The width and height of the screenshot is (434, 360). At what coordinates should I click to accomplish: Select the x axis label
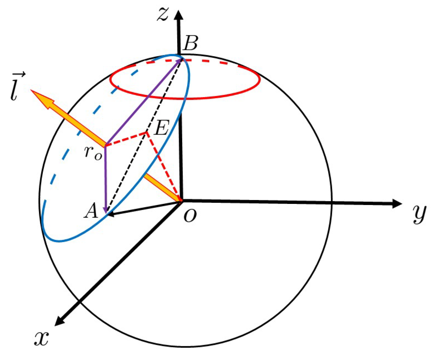click(41, 338)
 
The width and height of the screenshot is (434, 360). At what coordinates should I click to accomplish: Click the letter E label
click(162, 128)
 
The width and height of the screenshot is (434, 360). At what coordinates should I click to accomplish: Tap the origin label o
click(190, 216)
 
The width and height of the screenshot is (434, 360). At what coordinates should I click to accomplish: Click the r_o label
click(93, 153)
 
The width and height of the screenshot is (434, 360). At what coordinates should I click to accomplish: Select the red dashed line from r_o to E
click(126, 139)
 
